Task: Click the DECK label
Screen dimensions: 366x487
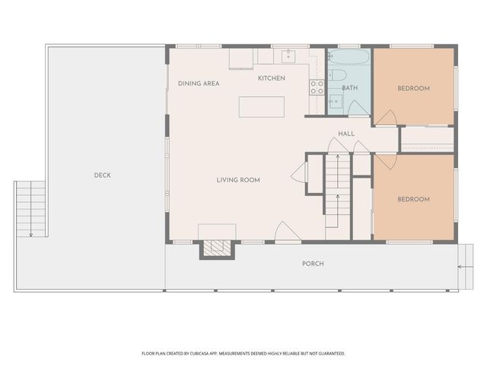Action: point(102,175)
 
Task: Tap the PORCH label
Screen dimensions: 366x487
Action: point(313,264)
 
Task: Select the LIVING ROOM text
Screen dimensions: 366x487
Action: point(238,180)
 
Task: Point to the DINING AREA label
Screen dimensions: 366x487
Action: point(199,83)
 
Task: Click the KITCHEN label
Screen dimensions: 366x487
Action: point(272,79)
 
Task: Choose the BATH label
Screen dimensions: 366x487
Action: point(349,88)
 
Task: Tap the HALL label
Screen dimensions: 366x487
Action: point(346,134)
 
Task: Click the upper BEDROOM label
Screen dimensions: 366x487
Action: point(413,88)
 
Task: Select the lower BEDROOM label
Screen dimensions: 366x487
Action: point(413,200)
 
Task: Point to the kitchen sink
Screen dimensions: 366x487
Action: point(289,56)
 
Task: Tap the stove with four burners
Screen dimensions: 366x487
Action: point(317,87)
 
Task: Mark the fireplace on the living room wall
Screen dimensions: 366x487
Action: point(215,248)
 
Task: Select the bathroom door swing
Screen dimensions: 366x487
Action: point(358,108)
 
